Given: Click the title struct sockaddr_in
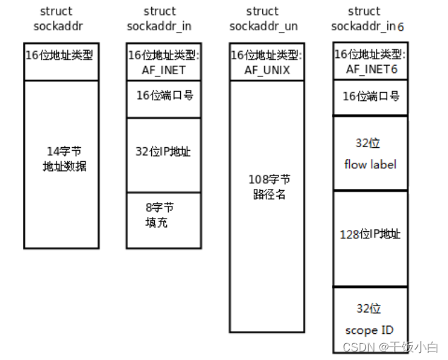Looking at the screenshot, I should (160, 19).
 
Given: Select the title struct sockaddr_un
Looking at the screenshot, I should (263, 19).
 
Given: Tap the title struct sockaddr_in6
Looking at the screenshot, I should (365, 19).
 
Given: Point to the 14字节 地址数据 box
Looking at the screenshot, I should (61, 164).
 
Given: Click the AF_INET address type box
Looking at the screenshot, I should (164, 62).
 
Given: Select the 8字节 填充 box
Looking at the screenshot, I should (164, 219).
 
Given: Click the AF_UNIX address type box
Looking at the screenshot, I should (267, 62).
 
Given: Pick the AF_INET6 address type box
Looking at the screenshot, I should (370, 61).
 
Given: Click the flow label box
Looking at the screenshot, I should (370, 153).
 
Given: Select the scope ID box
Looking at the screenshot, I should (370, 319).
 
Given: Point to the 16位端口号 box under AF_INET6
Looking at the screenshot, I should (370, 97).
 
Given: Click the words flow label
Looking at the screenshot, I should (370, 165).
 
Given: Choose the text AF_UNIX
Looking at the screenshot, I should (267, 70).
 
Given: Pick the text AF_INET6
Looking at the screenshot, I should (370, 69).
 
